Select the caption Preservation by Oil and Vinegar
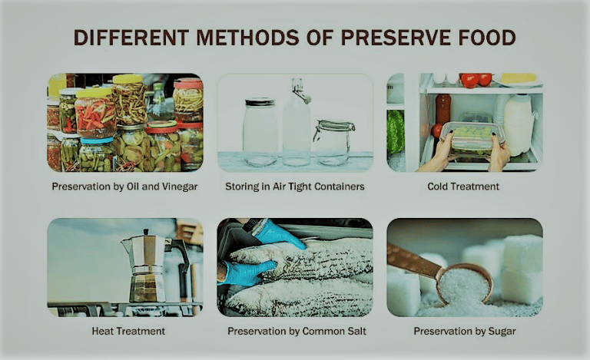tap(124, 187)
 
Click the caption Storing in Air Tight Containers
tap(295, 187)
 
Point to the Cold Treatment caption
tap(463, 187)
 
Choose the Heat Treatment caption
tap(124, 332)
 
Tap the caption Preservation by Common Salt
tap(295, 332)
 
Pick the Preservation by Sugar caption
tap(463, 332)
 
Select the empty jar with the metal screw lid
tap(260, 132)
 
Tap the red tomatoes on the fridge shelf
tap(476, 80)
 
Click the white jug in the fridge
tap(518, 123)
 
